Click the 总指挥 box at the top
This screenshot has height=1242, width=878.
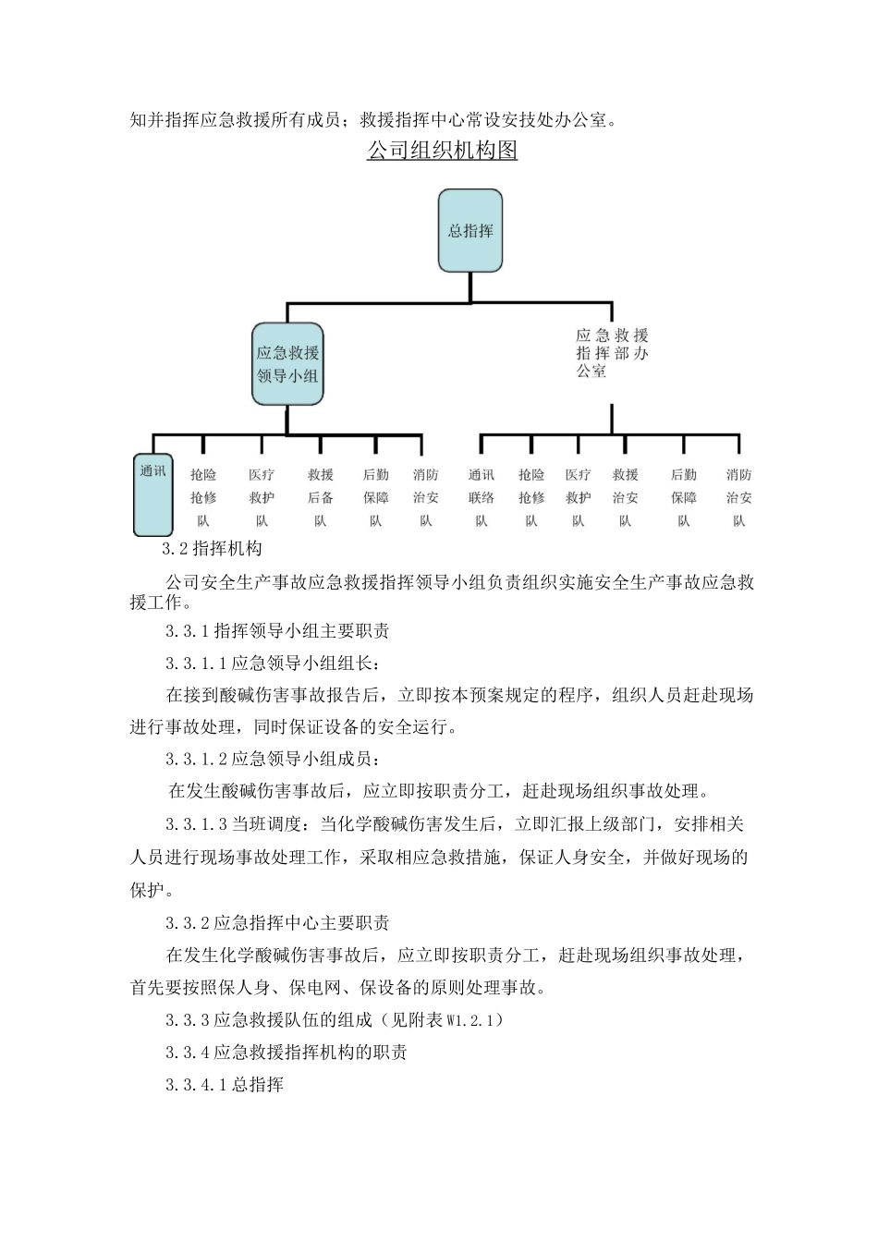(469, 231)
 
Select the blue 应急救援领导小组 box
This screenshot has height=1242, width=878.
(287, 364)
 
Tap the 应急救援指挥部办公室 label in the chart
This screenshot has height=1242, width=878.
(611, 352)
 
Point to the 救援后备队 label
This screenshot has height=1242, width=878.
(320, 497)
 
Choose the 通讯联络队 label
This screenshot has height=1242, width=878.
(481, 497)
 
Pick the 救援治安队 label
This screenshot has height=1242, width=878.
(625, 497)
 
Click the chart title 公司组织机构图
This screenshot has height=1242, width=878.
(442, 150)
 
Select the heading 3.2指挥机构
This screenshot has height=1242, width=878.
(212, 548)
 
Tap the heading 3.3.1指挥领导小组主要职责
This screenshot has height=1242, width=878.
(277, 631)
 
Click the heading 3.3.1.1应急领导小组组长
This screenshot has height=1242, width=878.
(272, 663)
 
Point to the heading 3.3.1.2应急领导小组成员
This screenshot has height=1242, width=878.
(272, 759)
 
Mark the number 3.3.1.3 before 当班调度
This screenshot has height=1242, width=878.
(196, 823)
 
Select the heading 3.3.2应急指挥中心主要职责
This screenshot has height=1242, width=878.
(277, 922)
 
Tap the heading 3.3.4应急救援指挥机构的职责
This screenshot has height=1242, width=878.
(287, 1052)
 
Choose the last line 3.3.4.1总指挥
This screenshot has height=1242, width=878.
(225, 1084)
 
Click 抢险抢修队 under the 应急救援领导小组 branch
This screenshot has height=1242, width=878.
(203, 497)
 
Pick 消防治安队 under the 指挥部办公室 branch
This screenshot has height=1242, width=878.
(738, 497)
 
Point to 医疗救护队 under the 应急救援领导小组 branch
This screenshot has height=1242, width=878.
(262, 497)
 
